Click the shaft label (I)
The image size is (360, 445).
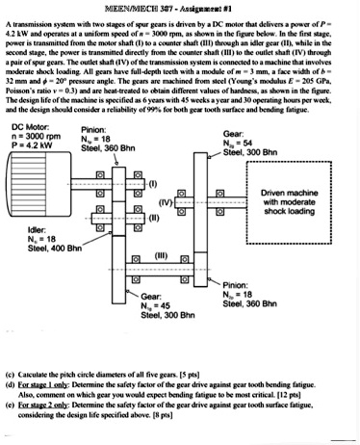pos(152,182)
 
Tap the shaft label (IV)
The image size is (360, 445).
pos(163,202)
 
